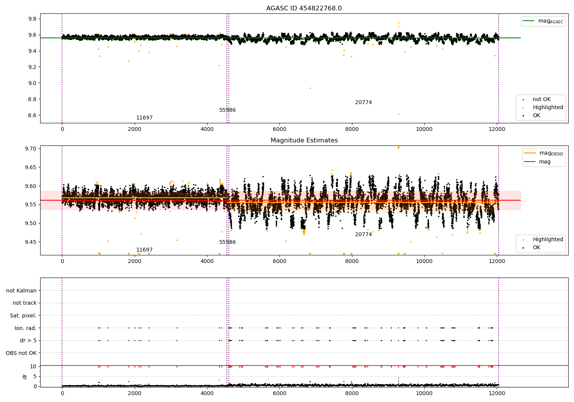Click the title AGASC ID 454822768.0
tap(304, 8)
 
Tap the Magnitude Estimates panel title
tap(304, 140)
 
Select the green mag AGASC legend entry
tap(543, 21)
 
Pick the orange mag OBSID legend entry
tap(543, 153)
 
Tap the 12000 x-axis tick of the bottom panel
tap(497, 393)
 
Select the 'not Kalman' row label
tap(21, 291)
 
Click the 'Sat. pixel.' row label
tap(23, 315)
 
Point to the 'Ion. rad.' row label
tap(25, 328)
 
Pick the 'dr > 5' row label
tap(28, 340)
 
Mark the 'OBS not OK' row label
tap(21, 353)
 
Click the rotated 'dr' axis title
tap(24, 377)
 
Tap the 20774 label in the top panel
tap(364, 102)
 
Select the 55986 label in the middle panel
tap(227, 242)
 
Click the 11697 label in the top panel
tap(144, 118)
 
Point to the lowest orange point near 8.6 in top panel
tap(398, 114)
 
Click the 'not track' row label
tap(24, 303)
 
